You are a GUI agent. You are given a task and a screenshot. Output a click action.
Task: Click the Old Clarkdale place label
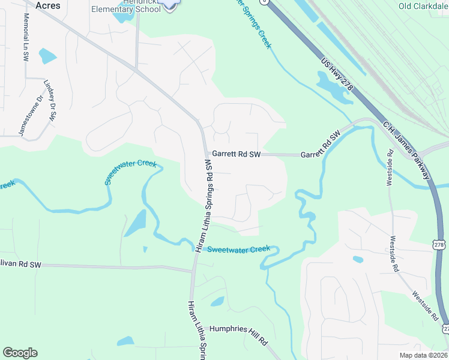pyautogui.click(x=423, y=6)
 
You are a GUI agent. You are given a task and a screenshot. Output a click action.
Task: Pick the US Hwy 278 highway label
pyautogui.click(x=337, y=75)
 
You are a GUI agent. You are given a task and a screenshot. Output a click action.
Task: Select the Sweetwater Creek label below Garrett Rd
pyautogui.click(x=238, y=249)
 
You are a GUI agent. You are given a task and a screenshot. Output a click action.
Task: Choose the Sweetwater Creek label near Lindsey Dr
pyautogui.click(x=130, y=172)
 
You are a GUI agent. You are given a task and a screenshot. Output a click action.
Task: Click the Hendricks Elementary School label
pyautogui.click(x=126, y=7)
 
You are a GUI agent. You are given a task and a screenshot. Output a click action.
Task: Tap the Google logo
pyautogui.click(x=20, y=352)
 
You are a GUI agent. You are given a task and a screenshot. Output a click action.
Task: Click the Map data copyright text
pyautogui.click(x=423, y=355)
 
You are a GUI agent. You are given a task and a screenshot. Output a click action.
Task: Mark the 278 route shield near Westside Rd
pyautogui.click(x=438, y=242)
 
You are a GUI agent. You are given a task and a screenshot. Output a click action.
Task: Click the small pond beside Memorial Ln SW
pyautogui.click(x=47, y=56)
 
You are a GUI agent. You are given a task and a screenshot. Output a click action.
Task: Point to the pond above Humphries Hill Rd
pyautogui.click(x=217, y=301)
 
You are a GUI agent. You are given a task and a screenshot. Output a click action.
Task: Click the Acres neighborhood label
pyautogui.click(x=49, y=5)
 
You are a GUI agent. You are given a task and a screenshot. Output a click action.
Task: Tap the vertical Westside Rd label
pyautogui.click(x=390, y=172)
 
